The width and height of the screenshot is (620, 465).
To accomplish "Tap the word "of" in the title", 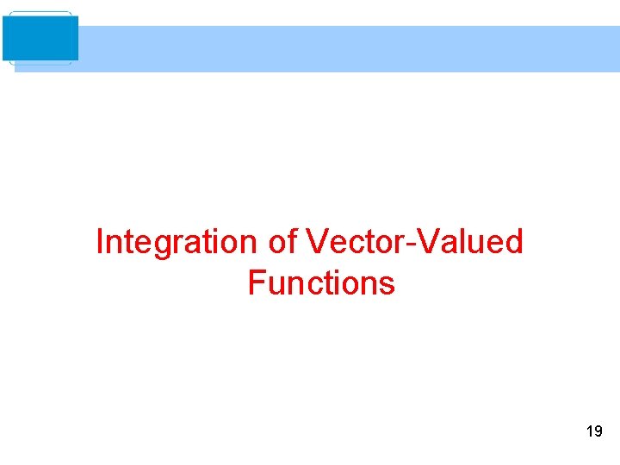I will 283,242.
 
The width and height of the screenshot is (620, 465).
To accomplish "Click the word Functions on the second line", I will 321,282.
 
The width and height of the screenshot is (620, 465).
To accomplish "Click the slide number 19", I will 594,431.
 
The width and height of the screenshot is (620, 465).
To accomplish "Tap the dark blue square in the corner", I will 40,38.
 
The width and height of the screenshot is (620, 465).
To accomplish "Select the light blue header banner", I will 344,49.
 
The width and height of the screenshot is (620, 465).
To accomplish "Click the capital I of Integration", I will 100,242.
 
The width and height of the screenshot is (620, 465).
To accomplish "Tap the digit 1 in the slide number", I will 589,431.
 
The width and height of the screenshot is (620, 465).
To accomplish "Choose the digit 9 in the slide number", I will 598,431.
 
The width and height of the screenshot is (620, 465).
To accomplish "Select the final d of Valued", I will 514,242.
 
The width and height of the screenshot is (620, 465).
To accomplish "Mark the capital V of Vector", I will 315,242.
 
